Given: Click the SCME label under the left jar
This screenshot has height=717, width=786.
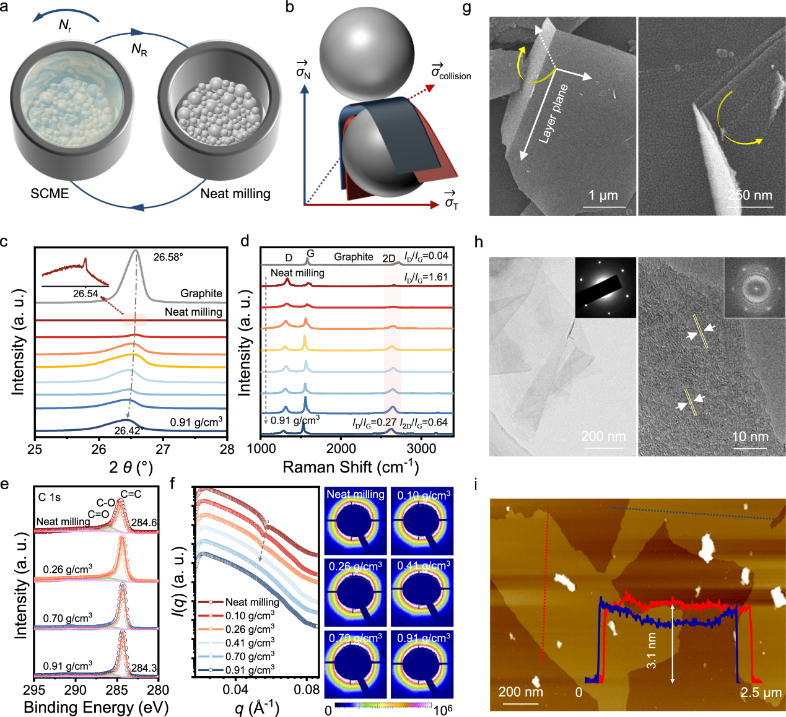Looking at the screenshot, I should pos(50,194).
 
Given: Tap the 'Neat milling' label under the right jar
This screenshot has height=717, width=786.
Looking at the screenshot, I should pos(235,194).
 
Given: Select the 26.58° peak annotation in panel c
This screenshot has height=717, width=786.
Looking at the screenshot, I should pos(168,256).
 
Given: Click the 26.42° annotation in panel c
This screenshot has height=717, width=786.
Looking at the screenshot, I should pos(129,430).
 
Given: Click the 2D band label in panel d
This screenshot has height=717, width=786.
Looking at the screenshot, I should pos(388,258).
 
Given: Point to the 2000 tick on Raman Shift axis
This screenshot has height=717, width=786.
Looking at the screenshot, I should pos(341,449).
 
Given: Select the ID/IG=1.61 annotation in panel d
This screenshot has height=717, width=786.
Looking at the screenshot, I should pos(426,277).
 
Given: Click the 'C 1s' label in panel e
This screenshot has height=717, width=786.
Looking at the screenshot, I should pos(50,497).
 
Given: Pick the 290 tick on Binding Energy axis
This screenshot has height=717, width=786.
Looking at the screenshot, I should pos(76,690).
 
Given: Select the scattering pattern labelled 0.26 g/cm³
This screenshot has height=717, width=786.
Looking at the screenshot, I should pos(356,591).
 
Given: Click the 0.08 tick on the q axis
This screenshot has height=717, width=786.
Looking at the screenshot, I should pos(307,690).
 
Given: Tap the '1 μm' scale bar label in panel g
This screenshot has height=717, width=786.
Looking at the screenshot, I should pos(603,196).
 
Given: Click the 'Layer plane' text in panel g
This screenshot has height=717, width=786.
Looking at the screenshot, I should pos(553,114).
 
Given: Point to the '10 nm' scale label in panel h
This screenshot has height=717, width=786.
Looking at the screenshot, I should pos(750,437).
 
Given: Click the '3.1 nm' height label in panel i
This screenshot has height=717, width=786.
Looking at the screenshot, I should pos(652,650).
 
